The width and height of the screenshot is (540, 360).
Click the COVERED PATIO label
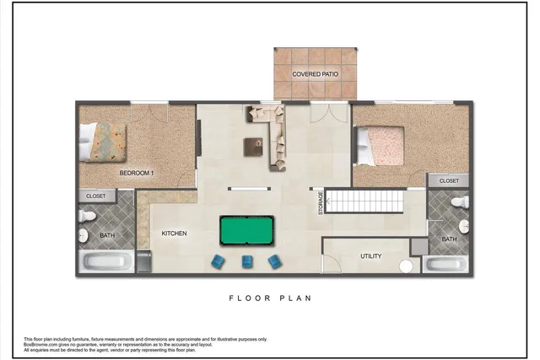pyautogui.click(x=316, y=74)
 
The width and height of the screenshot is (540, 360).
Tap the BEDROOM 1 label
pyautogui.click(x=137, y=173)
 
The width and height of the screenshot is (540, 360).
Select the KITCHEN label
pyautogui.click(x=174, y=234)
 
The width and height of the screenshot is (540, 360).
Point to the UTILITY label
pyautogui.click(x=371, y=255)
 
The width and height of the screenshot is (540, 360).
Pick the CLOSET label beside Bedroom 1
pyautogui.click(x=96, y=196)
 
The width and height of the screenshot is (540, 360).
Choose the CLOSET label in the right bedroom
pyautogui.click(x=449, y=180)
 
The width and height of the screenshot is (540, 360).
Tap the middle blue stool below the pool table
pyautogui.click(x=247, y=261)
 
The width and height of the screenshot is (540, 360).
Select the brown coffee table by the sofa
pyautogui.click(x=254, y=146)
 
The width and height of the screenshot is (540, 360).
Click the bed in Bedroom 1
pyautogui.click(x=103, y=142)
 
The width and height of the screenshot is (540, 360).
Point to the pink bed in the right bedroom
pyautogui.click(x=381, y=145)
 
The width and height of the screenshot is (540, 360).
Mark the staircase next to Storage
pyautogui.click(x=364, y=201)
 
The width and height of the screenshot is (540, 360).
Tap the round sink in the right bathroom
pyautogui.click(x=463, y=226)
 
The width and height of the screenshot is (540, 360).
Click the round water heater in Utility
pyautogui.click(x=407, y=266)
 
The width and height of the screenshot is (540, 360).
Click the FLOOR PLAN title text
pyautogui.click(x=269, y=298)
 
